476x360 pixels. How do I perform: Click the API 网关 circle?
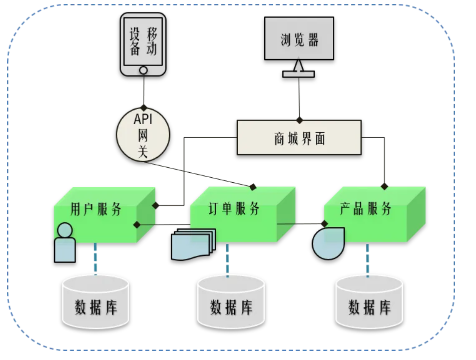coord(143,135)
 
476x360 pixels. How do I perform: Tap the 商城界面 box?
coord(299,138)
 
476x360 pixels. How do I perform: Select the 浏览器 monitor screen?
coord(299,38)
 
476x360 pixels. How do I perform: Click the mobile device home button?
coord(143,70)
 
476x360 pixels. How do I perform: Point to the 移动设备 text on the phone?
coord(143,42)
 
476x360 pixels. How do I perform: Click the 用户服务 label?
coord(96,209)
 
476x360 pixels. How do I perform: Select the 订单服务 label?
coord(234,209)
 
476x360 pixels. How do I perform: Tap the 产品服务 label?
coord(365,208)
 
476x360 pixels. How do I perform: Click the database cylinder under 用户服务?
coord(96,302)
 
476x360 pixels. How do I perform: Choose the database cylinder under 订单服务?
coord(231,302)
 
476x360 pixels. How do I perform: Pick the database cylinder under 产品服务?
coord(369,302)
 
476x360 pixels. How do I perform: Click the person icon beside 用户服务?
coord(65,242)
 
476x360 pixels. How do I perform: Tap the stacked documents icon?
coord(193,244)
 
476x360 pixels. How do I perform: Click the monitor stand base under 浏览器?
coord(298,74)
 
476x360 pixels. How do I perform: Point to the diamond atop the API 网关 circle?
coord(144,108)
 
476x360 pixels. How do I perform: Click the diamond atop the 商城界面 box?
coord(299,120)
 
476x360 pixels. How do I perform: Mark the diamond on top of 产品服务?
coord(384,187)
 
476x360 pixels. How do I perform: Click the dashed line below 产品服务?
coord(367,261)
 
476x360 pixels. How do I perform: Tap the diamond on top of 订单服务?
coord(253,187)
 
